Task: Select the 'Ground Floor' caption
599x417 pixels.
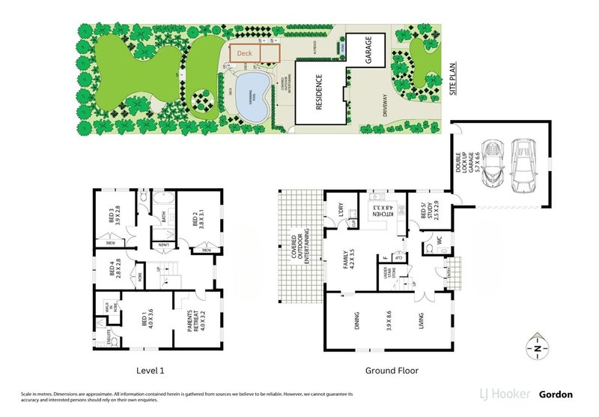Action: coord(392,370)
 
